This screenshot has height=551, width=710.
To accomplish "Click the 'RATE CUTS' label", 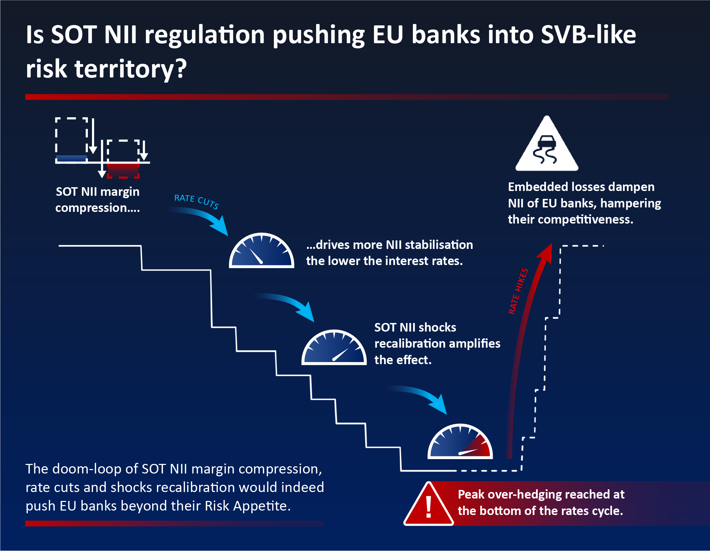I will (196, 201).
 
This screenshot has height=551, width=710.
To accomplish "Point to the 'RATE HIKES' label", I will (518, 291).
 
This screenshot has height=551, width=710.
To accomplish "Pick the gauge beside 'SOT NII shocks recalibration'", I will (334, 348).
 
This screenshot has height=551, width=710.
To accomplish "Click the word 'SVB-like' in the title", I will (588, 35).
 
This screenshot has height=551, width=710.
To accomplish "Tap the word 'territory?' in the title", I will (131, 69).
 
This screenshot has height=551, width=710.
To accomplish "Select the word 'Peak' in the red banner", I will (471, 494).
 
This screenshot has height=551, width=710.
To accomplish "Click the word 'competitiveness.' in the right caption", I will (585, 219).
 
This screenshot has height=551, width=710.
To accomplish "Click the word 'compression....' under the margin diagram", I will (97, 208).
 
